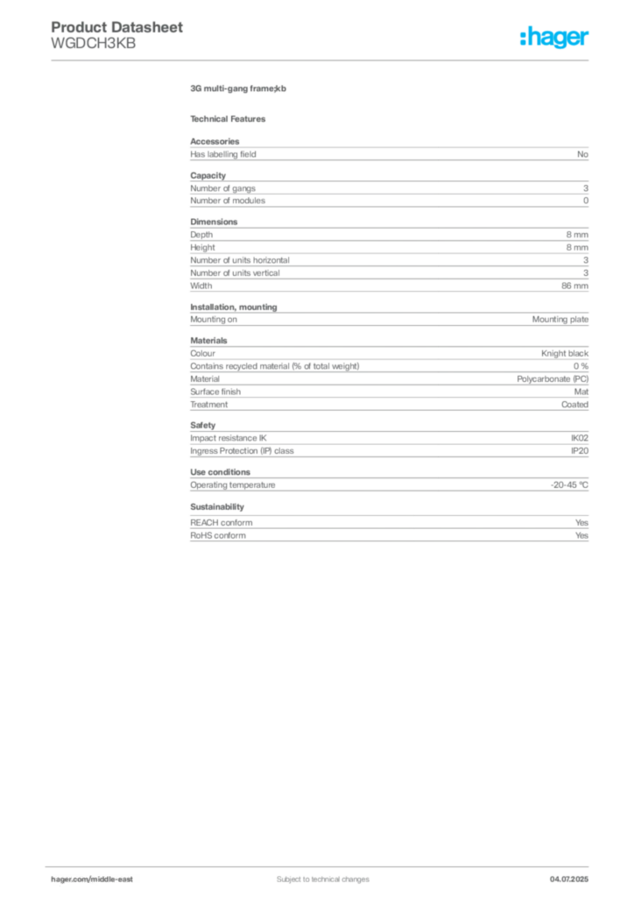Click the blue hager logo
click(x=556, y=39)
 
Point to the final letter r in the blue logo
click(x=587, y=40)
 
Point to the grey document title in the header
click(x=118, y=29)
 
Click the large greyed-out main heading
click(x=238, y=89)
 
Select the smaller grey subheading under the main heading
click(x=231, y=118)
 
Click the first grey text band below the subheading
click(x=389, y=152)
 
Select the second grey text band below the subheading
click(x=389, y=190)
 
